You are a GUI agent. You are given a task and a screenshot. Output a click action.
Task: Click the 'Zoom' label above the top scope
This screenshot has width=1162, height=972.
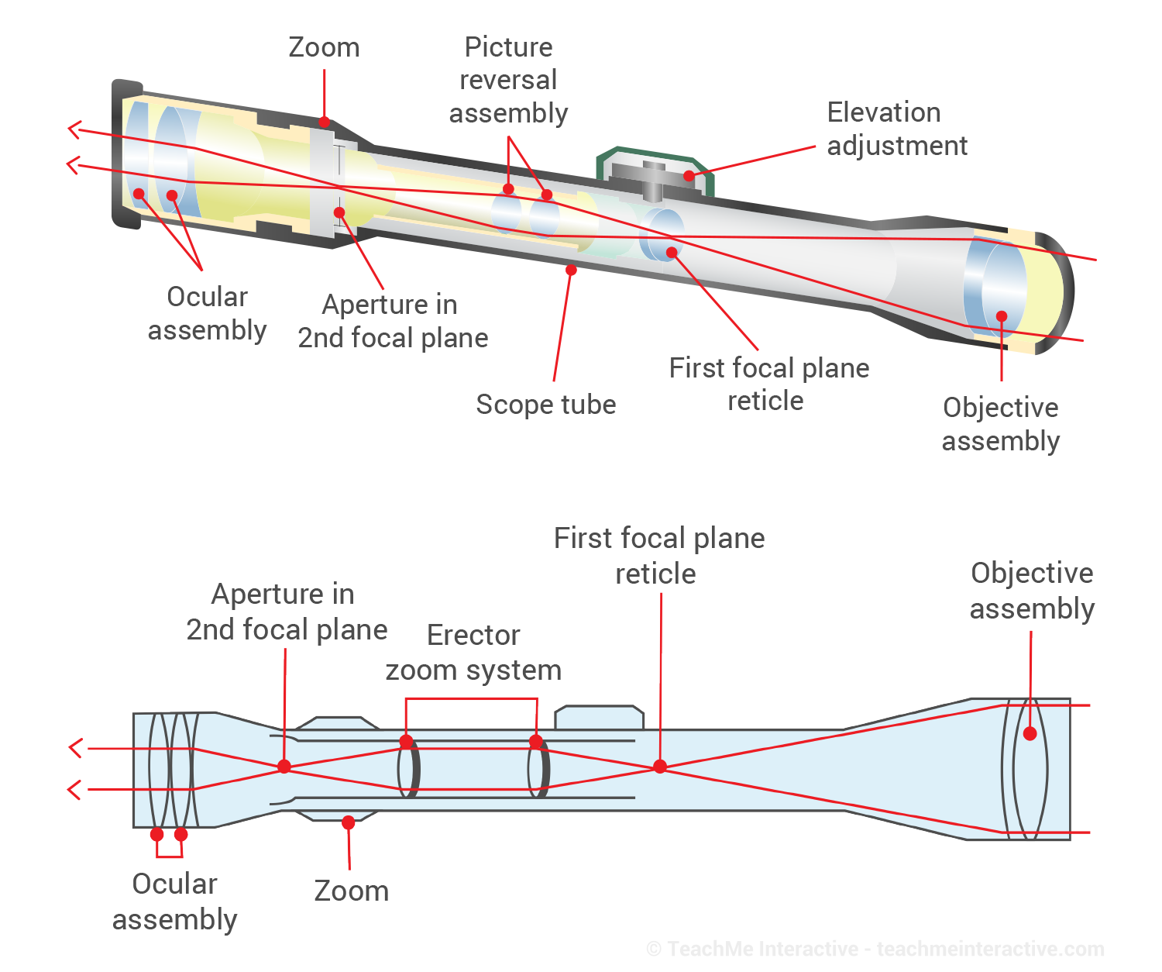[x=324, y=48]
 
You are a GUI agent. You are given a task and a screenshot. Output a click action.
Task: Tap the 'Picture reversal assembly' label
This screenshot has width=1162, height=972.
[x=508, y=80]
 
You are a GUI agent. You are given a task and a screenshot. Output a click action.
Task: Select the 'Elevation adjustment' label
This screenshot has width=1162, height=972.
[x=896, y=129]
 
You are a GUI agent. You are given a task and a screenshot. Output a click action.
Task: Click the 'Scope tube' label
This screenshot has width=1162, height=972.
[x=545, y=405]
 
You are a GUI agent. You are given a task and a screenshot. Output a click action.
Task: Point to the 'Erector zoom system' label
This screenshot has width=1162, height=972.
[x=473, y=652]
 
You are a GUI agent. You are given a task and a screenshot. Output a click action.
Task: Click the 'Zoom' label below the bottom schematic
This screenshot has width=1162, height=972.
[x=351, y=891]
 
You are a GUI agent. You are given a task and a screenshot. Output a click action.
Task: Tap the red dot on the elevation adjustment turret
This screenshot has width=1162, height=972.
[x=689, y=176]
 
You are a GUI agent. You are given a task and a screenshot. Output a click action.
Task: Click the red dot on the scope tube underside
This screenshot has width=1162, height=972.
[x=571, y=270]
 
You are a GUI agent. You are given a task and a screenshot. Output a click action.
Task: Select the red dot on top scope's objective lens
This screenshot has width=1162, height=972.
[x=1002, y=316]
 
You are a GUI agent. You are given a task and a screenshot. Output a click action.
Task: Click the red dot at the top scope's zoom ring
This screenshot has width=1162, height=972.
[x=324, y=122]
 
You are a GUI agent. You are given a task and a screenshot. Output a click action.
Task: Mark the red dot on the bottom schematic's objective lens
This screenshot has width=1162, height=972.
[x=1030, y=733]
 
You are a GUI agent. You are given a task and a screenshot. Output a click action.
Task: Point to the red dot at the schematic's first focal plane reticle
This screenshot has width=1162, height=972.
[x=660, y=767]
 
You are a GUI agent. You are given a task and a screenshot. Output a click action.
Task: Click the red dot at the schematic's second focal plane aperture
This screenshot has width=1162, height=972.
[x=284, y=767]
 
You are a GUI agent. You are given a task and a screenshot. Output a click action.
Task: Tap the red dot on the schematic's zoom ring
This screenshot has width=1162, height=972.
[x=349, y=822]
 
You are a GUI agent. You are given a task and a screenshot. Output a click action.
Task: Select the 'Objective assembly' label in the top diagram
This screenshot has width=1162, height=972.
[x=1000, y=424]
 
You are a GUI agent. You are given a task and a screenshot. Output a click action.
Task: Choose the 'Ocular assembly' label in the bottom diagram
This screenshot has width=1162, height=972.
[x=174, y=901]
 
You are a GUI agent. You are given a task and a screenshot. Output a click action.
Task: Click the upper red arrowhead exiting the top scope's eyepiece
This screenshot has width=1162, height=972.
[x=74, y=129]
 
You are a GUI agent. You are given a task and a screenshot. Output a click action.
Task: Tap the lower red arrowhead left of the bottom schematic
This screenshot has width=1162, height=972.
[x=74, y=790]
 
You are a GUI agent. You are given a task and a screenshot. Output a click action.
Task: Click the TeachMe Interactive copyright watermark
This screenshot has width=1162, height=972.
[x=875, y=949]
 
